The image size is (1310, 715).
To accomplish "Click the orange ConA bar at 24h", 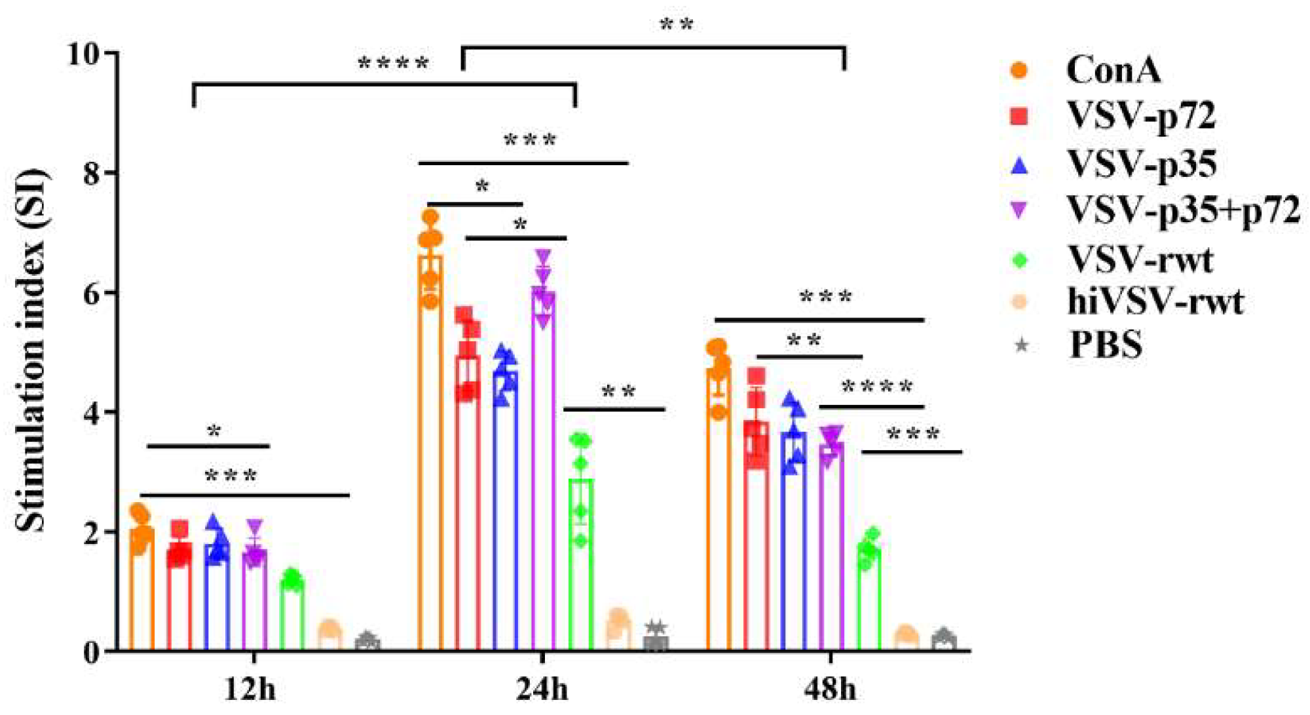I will tap(430, 459).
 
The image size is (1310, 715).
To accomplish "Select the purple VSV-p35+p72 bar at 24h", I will tap(543, 472).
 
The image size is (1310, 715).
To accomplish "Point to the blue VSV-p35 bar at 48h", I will tap(794, 544).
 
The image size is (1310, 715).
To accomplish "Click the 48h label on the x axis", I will tap(831, 689).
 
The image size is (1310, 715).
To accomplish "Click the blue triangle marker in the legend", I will tap(1019, 165).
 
